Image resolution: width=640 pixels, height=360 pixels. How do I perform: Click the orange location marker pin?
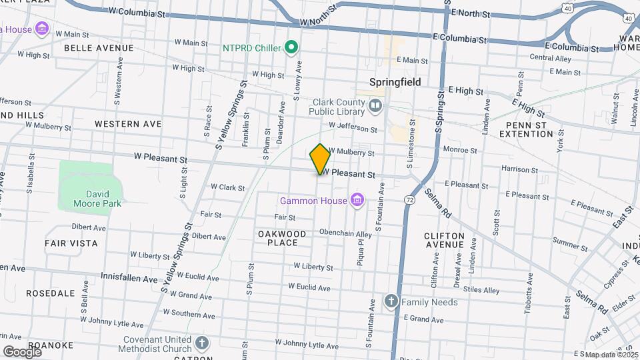(320, 159)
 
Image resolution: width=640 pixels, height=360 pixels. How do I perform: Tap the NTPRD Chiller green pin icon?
(291, 47)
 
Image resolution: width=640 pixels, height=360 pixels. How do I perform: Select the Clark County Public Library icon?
(375, 105)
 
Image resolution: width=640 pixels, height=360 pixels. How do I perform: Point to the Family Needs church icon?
(391, 302)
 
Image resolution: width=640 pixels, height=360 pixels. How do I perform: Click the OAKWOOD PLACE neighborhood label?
(282, 238)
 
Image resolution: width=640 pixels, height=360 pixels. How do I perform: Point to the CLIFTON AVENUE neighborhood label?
(444, 240)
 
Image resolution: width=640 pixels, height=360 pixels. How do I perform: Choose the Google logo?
(22, 351)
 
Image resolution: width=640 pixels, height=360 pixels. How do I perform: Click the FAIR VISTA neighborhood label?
(71, 243)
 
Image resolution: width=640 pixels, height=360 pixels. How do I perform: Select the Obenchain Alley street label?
(345, 234)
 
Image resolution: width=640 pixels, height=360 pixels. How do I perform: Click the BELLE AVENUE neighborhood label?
(99, 48)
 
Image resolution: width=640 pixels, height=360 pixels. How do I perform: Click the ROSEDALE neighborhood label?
(50, 293)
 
